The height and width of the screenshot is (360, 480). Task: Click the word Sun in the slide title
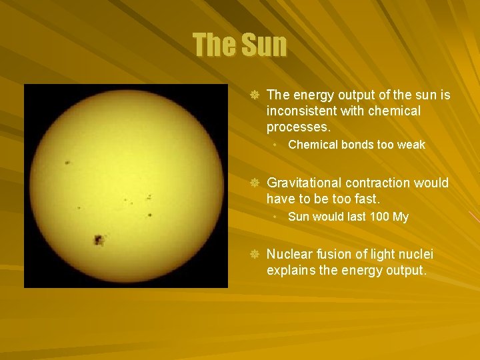(264, 45)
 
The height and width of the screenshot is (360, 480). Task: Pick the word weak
(411, 145)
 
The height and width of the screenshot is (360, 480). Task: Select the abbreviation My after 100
(400, 217)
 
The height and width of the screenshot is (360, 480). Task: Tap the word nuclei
(414, 254)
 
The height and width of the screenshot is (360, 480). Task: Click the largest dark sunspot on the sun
(99, 239)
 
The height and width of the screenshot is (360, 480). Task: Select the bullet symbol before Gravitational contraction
(254, 183)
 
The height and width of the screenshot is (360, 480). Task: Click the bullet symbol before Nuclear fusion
(254, 254)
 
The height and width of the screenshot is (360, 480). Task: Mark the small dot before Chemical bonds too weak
(276, 145)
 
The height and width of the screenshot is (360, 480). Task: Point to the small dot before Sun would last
(276, 217)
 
